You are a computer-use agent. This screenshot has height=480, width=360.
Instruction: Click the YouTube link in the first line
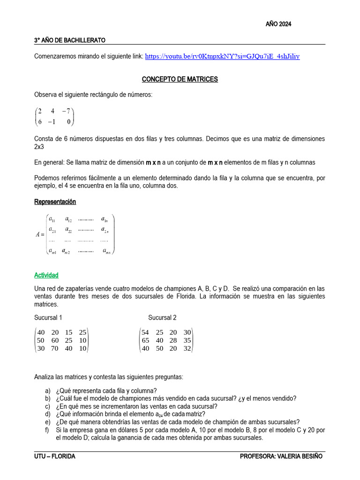(222, 56)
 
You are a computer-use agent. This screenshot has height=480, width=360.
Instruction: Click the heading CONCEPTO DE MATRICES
(180, 79)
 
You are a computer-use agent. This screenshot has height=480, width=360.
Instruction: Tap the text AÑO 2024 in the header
(278, 25)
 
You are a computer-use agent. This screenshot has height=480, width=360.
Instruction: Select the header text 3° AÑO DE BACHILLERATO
(70, 40)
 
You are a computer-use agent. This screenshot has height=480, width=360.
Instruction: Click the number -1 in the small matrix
(53, 121)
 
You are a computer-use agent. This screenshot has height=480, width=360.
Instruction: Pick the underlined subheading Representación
(55, 202)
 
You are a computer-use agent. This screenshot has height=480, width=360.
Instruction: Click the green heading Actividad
(46, 275)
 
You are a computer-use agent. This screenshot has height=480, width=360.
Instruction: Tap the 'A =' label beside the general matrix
(39, 235)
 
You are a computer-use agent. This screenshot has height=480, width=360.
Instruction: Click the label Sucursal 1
(48, 317)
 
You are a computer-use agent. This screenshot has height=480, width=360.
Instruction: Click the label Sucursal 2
(162, 317)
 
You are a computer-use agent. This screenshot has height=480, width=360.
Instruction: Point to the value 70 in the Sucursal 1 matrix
(55, 348)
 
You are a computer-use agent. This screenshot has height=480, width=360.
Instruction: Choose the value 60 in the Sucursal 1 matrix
(55, 340)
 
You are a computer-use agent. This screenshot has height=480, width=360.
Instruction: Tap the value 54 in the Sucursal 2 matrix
(145, 332)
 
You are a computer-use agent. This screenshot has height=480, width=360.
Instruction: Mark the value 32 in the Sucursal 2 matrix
(187, 348)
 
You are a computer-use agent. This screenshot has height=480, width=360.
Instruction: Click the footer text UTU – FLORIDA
(55, 456)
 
